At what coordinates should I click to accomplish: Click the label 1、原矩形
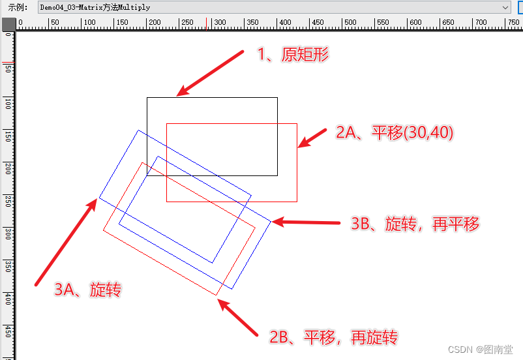[x=293, y=55]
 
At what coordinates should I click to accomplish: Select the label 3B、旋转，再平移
[x=415, y=224]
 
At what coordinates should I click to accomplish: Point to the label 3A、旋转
[x=87, y=290]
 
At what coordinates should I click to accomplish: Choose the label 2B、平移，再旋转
[x=333, y=337]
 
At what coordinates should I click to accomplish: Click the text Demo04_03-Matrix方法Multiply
[x=95, y=7]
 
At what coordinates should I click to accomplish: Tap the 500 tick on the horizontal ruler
[x=344, y=26]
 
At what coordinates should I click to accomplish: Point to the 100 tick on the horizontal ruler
[x=82, y=26]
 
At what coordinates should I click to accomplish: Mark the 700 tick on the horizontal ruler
[x=475, y=26]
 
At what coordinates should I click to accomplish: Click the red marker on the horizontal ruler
[x=207, y=24]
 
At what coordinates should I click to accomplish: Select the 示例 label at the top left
[x=17, y=7]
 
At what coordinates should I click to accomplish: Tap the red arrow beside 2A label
[x=312, y=138]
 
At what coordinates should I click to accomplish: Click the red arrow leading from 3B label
[x=306, y=222]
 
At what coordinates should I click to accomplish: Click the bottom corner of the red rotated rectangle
[x=217, y=295]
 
